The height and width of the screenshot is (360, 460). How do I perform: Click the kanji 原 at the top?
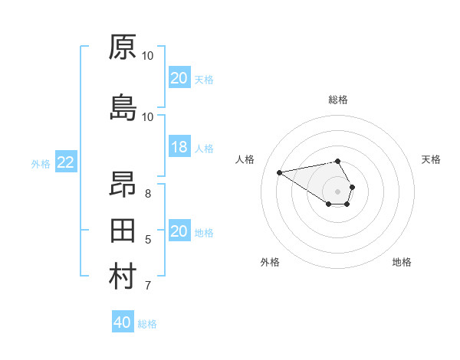(x=123, y=47)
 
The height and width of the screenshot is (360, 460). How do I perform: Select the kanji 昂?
(x=123, y=185)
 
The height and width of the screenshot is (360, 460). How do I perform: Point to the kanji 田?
(x=123, y=231)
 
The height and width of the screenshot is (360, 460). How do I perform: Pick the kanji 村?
(x=123, y=277)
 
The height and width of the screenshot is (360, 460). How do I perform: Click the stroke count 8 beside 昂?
(x=148, y=193)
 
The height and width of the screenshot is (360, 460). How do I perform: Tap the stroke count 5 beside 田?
(x=148, y=240)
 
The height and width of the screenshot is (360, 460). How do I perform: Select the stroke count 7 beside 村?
(x=148, y=286)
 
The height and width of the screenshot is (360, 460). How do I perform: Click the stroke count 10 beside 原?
(x=148, y=56)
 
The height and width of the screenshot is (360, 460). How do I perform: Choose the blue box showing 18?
(x=179, y=148)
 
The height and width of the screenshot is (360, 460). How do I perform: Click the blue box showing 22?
(x=66, y=162)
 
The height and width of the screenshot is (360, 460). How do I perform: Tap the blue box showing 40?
(x=123, y=322)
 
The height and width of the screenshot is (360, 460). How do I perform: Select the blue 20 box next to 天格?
(x=179, y=78)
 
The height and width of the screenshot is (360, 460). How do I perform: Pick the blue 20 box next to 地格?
(x=179, y=232)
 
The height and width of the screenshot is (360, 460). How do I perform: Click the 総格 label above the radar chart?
(x=338, y=100)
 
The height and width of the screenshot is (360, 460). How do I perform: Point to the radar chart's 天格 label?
(x=431, y=159)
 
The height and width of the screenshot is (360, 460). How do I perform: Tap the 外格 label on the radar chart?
(x=270, y=262)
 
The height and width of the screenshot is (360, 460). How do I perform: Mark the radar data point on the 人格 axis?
(x=279, y=172)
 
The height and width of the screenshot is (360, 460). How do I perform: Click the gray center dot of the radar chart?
(x=337, y=191)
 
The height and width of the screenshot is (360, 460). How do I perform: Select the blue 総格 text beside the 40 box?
(x=147, y=324)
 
